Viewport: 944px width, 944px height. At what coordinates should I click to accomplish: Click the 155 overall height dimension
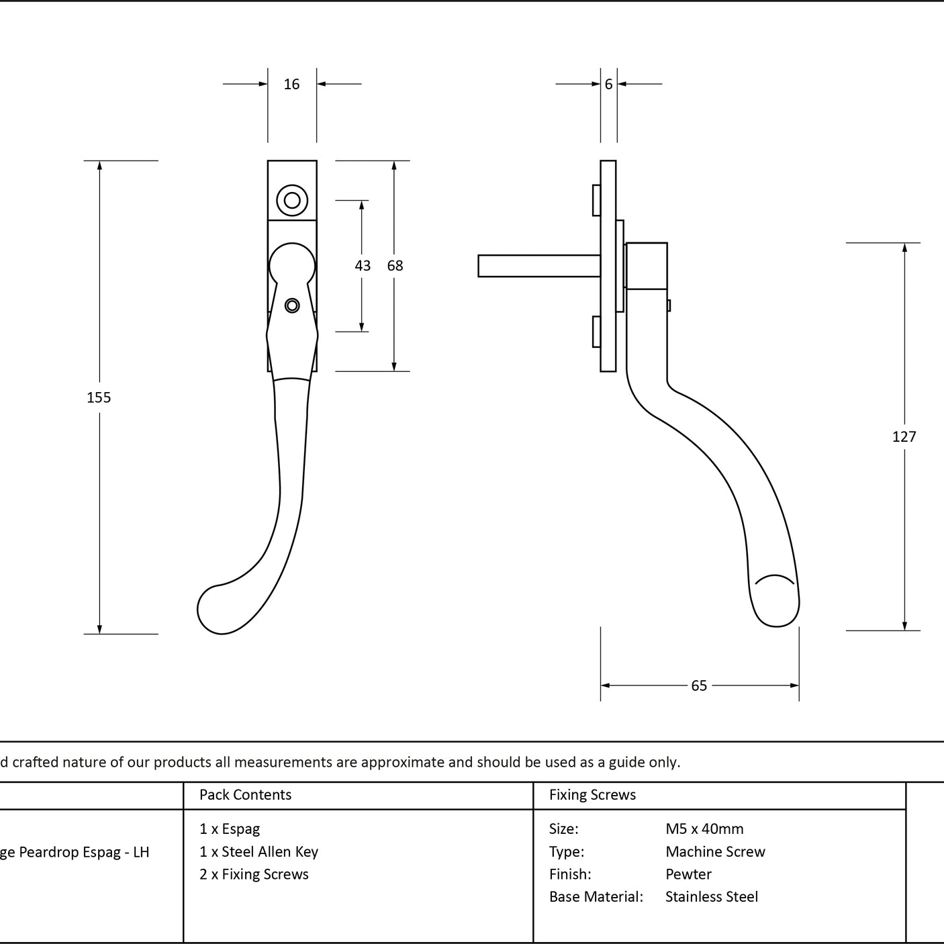[99, 397]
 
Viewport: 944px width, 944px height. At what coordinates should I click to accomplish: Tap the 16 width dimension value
[291, 84]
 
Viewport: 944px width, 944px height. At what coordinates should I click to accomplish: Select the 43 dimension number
[363, 265]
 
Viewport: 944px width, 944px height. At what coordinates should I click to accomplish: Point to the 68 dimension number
[395, 265]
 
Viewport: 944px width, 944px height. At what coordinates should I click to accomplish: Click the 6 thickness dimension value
[608, 84]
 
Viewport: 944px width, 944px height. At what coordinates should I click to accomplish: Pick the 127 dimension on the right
[904, 436]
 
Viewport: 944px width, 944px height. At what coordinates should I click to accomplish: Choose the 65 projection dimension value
[699, 686]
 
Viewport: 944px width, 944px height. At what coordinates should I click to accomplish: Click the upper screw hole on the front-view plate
[292, 200]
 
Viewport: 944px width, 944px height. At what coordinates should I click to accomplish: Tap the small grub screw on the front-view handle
[292, 306]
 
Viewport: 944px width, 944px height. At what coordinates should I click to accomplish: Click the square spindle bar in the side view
[539, 266]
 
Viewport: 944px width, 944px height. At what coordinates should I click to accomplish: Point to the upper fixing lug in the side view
[597, 200]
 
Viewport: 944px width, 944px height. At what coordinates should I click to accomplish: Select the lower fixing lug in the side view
[597, 332]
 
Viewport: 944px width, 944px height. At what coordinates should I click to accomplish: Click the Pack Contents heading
[246, 794]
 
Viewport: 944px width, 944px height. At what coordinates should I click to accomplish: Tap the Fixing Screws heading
[592, 794]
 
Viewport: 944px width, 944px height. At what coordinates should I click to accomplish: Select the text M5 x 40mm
[704, 829]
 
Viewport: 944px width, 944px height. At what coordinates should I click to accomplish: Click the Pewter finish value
[688, 874]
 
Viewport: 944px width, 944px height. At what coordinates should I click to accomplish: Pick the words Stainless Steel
[712, 896]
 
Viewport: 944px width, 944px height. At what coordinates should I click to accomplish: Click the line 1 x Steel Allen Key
[258, 852]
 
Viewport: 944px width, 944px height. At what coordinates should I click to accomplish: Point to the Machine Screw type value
[715, 851]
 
